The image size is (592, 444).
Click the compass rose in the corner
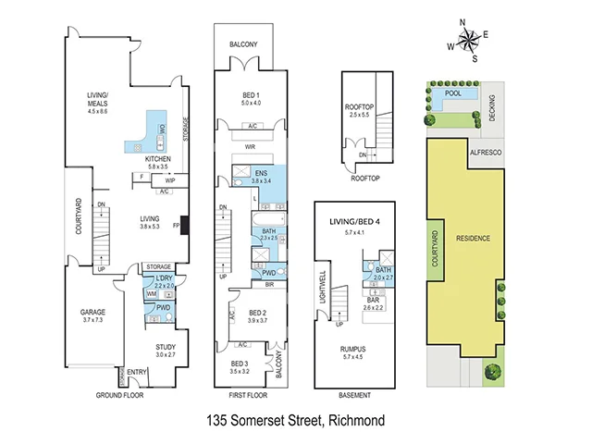click(x=469, y=40)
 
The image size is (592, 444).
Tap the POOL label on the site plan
click(x=453, y=93)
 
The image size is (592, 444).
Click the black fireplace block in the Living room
click(x=185, y=226)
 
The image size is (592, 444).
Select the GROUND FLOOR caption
click(x=121, y=395)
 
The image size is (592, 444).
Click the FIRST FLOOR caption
click(x=250, y=395)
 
